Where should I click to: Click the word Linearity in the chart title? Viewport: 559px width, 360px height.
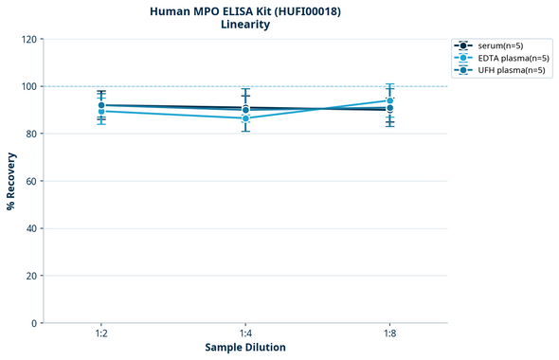[x=244, y=25]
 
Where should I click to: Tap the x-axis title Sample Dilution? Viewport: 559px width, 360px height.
[x=245, y=348]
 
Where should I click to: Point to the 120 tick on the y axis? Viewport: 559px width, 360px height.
[x=29, y=39]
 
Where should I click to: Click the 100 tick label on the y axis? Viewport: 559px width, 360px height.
[x=29, y=86]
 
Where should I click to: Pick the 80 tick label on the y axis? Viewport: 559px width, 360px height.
[x=31, y=134]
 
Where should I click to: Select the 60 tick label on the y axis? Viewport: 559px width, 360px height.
[x=31, y=181]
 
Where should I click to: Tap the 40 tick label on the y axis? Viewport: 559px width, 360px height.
[x=31, y=228]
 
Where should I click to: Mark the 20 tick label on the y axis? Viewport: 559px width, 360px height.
[x=31, y=276]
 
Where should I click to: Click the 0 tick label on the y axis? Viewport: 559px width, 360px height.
[x=34, y=323]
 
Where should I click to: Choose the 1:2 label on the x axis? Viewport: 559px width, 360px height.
[x=101, y=333]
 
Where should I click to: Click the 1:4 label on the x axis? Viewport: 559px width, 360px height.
[x=245, y=333]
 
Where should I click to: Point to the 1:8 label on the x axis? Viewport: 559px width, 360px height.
[x=389, y=333]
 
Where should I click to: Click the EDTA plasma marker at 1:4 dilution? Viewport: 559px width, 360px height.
[x=245, y=118]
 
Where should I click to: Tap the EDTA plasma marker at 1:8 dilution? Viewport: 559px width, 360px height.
[x=389, y=100]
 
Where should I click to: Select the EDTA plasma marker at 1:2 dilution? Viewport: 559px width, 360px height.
[x=101, y=111]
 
